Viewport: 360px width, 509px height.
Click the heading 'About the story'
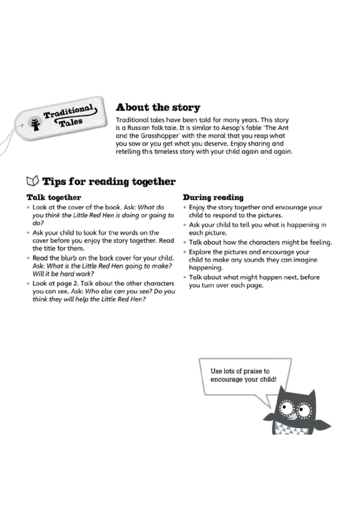pyautogui.click(x=158, y=108)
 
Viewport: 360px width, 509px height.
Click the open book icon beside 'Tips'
pyautogui.click(x=33, y=181)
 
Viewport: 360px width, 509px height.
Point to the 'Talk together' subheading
pyautogui.click(x=54, y=197)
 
